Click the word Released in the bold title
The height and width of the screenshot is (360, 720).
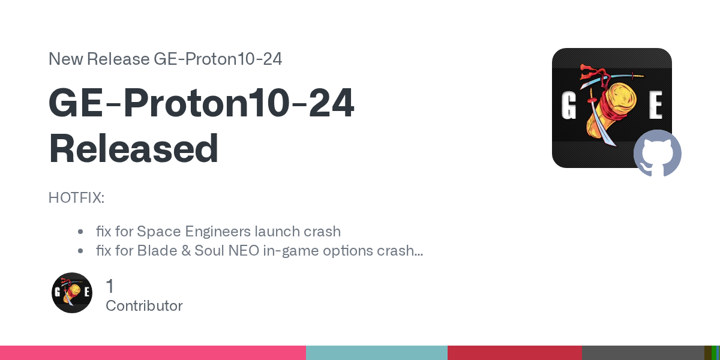(133, 149)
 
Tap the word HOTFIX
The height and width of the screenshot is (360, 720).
(75, 197)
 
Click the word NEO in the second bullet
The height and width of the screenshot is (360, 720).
(244, 251)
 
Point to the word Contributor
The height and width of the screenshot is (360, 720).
(144, 305)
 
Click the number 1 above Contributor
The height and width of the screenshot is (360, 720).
(110, 286)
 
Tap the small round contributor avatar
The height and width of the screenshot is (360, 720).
(72, 293)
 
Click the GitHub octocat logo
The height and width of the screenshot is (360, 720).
(658, 154)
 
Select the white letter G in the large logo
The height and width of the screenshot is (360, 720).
(568, 105)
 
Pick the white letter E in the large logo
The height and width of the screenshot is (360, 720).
(655, 104)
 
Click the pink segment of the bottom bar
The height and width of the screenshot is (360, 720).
(153, 353)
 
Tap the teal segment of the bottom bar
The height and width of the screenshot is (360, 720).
(377, 353)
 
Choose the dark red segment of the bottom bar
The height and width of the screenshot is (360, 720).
(515, 353)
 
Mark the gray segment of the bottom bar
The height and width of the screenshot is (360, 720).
(643, 353)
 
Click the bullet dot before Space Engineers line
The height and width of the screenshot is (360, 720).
(80, 232)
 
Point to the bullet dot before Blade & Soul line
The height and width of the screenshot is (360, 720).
(80, 251)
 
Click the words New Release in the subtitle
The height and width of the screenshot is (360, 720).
(99, 59)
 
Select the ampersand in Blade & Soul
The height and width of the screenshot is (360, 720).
(186, 251)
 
